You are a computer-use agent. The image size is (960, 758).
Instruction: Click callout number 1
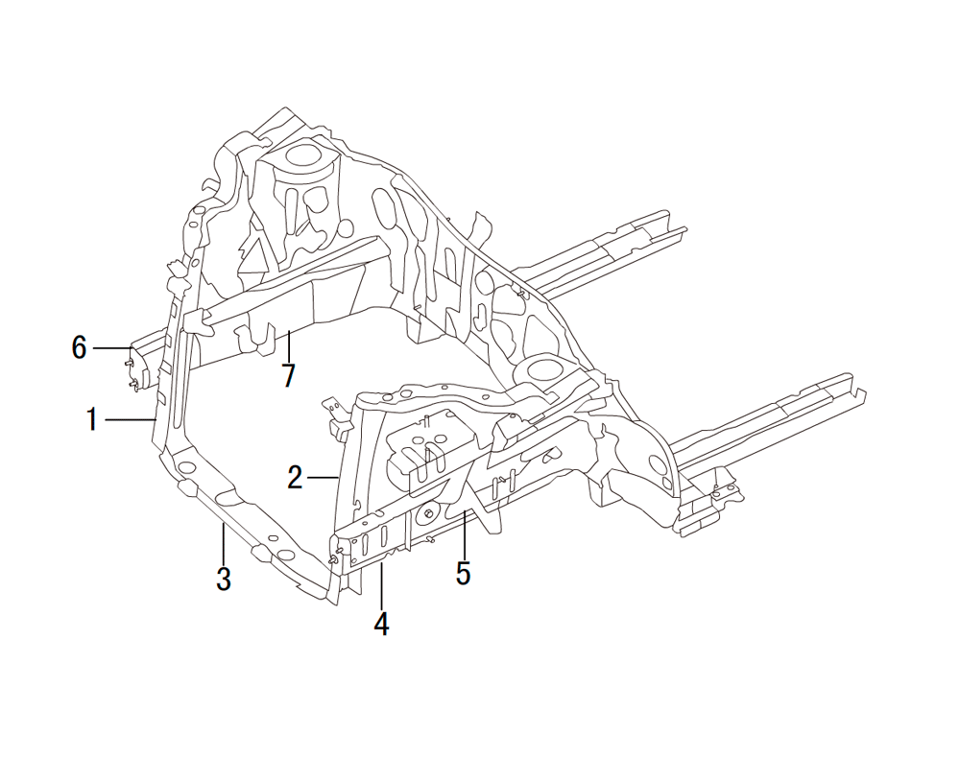coord(92,419)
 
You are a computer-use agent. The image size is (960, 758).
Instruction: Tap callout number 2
coord(295,477)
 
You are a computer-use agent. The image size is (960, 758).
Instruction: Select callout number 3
coord(224,579)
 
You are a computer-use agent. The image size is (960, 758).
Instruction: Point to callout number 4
coord(381,624)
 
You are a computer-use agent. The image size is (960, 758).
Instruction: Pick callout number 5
coord(463,573)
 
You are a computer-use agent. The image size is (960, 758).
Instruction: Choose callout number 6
coord(79,348)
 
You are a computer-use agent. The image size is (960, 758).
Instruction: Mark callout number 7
coord(289,375)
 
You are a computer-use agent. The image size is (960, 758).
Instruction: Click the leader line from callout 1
coord(131,419)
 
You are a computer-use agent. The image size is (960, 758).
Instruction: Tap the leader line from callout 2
coord(323,477)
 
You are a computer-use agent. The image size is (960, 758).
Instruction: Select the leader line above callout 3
coord(224,544)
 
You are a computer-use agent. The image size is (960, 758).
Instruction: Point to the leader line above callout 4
coord(381,586)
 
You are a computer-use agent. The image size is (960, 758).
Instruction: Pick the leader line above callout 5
coord(464,533)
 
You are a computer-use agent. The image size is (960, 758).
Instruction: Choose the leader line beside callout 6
coord(111,348)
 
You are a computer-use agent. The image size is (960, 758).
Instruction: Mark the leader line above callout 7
coord(289,345)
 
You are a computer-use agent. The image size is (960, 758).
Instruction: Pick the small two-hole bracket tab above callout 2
coord(334,409)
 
